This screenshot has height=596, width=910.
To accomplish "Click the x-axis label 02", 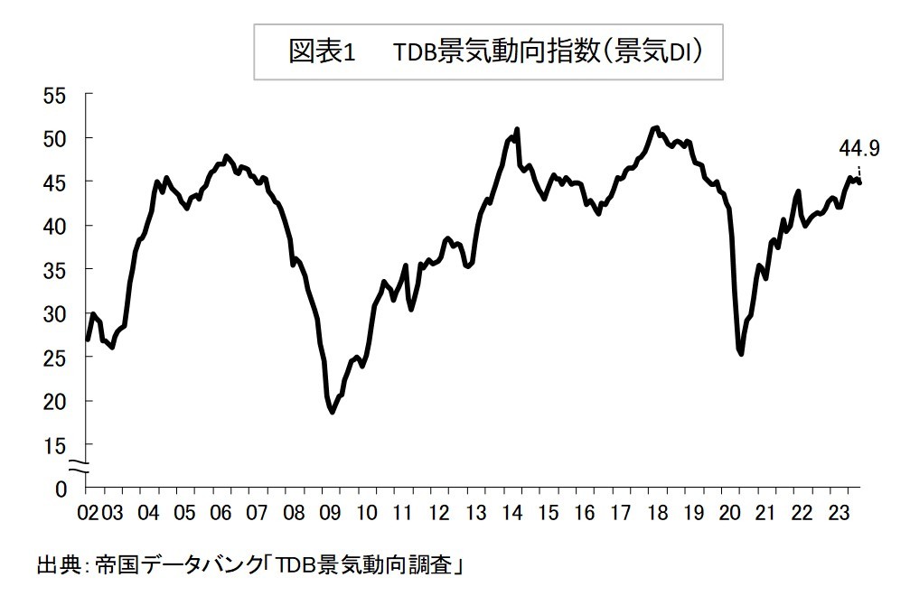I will pos(88,514).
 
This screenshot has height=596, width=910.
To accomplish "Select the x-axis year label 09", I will pos(329,514).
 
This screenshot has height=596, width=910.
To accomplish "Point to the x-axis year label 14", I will pos(511,514).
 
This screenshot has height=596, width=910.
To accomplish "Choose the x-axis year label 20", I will pos(729,514).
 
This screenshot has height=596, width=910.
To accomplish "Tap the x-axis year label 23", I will pos(839,514).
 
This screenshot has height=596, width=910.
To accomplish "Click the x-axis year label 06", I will pos(220,514).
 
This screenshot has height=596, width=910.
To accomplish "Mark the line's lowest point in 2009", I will pos(333,412).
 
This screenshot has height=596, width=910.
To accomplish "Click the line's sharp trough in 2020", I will pos(741,354).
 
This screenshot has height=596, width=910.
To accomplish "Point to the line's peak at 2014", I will pos(517,129).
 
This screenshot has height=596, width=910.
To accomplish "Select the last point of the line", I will pos(860,183).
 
